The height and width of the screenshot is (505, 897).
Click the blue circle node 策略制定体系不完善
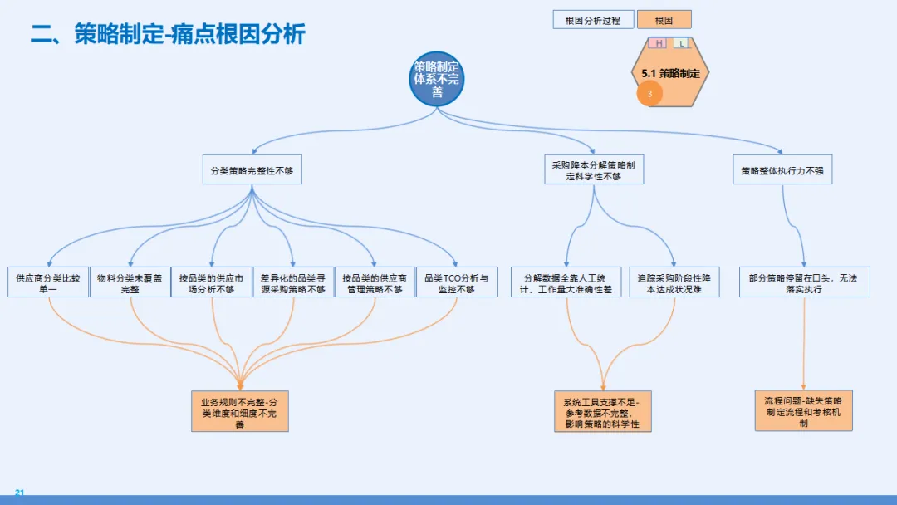pyautogui.click(x=437, y=80)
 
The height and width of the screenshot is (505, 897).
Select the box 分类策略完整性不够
pyautogui.click(x=252, y=169)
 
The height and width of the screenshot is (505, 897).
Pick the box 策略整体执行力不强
pyautogui.click(x=782, y=169)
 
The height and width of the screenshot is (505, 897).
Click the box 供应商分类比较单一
pyautogui.click(x=48, y=282)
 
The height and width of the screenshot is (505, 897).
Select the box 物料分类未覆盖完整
pyautogui.click(x=130, y=282)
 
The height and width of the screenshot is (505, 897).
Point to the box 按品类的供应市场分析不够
pyautogui.click(x=211, y=282)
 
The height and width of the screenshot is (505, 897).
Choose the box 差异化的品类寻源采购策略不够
pyautogui.click(x=292, y=282)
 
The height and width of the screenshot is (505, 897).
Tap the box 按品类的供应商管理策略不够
pyautogui.click(x=374, y=282)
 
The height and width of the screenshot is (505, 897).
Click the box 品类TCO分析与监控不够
pyautogui.click(x=456, y=282)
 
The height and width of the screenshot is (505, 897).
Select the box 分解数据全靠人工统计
pyautogui.click(x=566, y=282)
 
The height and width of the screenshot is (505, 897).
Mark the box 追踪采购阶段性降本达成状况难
pyautogui.click(x=674, y=282)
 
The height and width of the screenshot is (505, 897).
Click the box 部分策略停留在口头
pyautogui.click(x=804, y=282)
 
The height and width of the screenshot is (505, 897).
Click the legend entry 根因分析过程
pyautogui.click(x=593, y=20)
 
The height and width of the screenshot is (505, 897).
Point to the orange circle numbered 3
pyautogui.click(x=649, y=94)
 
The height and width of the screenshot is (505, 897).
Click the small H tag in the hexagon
pyautogui.click(x=659, y=43)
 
